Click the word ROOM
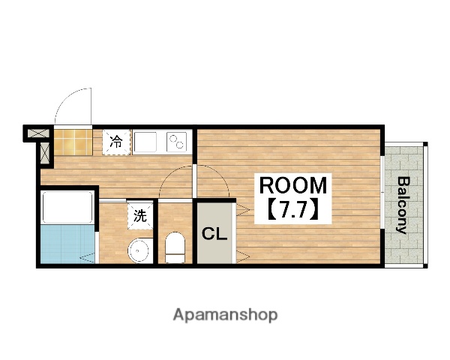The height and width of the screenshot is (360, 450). tap(293, 185)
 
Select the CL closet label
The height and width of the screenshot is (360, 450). tap(214, 234)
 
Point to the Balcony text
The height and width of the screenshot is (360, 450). tap(404, 205)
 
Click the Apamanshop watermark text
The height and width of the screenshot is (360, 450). tap(225, 315)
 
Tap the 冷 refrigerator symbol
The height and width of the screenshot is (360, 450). tap(116, 142)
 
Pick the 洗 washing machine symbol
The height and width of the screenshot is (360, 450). tap(140, 215)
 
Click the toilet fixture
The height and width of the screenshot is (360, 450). tap(175, 247)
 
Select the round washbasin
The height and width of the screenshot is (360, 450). tap(138, 250)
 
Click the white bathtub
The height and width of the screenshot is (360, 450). tap(67, 207)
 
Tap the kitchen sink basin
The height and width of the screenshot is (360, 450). tap(145, 142)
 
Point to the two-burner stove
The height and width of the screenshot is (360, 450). tap(176, 142)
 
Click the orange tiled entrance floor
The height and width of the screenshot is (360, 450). tap(73, 142)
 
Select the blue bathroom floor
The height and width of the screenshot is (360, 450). tap(67, 244)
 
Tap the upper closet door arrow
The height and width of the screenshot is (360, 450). tap(243, 210)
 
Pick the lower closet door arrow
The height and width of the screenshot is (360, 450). tap(243, 256)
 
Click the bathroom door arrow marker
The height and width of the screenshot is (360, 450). tap(87, 257)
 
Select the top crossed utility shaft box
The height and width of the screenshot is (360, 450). tap(38, 133)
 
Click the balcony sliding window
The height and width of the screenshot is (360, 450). tap(382, 192)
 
